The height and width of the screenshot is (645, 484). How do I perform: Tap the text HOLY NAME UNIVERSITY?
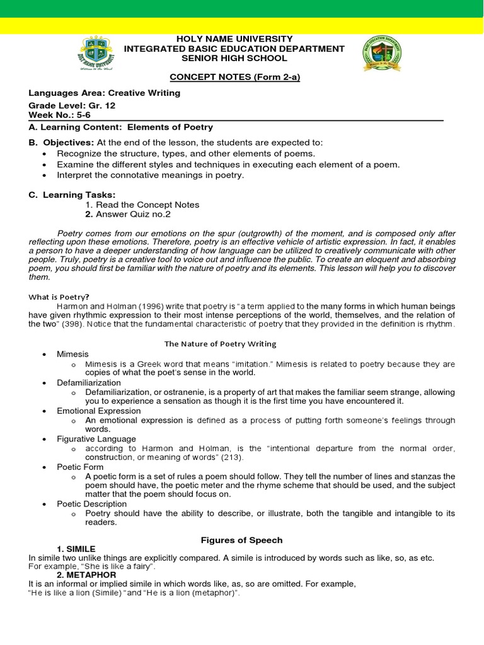pyautogui.click(x=234, y=39)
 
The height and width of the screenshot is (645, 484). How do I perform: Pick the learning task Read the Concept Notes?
pyautogui.click(x=142, y=205)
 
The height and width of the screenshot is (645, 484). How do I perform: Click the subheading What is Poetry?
pyautogui.click(x=59, y=297)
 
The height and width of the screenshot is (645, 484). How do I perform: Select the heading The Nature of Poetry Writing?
pyautogui.click(x=220, y=343)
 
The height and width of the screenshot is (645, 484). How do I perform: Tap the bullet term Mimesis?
pyautogui.click(x=73, y=354)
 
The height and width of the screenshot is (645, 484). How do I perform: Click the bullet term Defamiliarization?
pyautogui.click(x=89, y=382)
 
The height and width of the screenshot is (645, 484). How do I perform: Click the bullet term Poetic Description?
pyautogui.click(x=92, y=504)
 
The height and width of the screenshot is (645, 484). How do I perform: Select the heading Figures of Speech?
pyautogui.click(x=241, y=540)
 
